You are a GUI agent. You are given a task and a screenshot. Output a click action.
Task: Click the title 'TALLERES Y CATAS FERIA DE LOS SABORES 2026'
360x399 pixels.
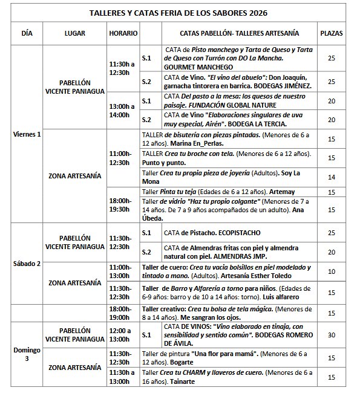(178, 12)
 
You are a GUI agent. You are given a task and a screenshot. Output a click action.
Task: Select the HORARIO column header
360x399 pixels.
(123, 33)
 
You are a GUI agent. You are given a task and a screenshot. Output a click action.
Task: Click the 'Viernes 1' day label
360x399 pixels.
(27, 134)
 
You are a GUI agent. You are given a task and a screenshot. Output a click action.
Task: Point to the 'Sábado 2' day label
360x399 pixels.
(27, 264)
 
